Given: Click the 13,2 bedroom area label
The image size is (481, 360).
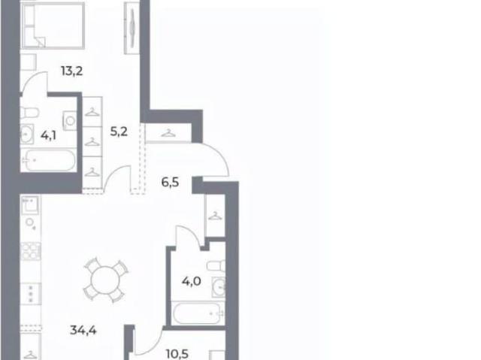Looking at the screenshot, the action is [72, 71].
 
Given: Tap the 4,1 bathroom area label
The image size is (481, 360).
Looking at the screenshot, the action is [48, 135].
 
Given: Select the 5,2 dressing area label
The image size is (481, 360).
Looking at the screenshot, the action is [119, 132].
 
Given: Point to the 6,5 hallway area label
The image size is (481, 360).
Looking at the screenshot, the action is [171, 183].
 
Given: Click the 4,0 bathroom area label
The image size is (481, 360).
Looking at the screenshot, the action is [192, 281].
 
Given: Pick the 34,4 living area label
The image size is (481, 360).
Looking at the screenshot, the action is [83, 330].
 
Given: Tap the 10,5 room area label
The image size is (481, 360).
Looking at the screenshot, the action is [177, 354].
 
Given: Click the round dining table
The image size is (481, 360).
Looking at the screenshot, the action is [105, 280].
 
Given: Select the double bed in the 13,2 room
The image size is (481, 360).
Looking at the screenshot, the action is [53, 25].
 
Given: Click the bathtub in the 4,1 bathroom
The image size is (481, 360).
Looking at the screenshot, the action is [49, 160].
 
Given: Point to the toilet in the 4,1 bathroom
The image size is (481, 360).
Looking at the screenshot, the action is [29, 113].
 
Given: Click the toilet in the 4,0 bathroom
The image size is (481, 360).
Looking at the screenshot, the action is [216, 266].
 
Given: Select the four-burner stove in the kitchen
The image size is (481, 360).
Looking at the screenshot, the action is [31, 251].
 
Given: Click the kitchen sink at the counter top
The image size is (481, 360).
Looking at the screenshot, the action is [30, 205].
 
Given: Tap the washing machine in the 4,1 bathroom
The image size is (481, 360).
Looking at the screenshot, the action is [70, 120].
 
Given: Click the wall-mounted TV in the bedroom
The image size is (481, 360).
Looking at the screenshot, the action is [132, 29].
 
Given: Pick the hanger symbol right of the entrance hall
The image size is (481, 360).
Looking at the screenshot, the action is [216, 216].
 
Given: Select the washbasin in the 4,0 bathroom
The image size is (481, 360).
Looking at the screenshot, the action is [219, 287].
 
